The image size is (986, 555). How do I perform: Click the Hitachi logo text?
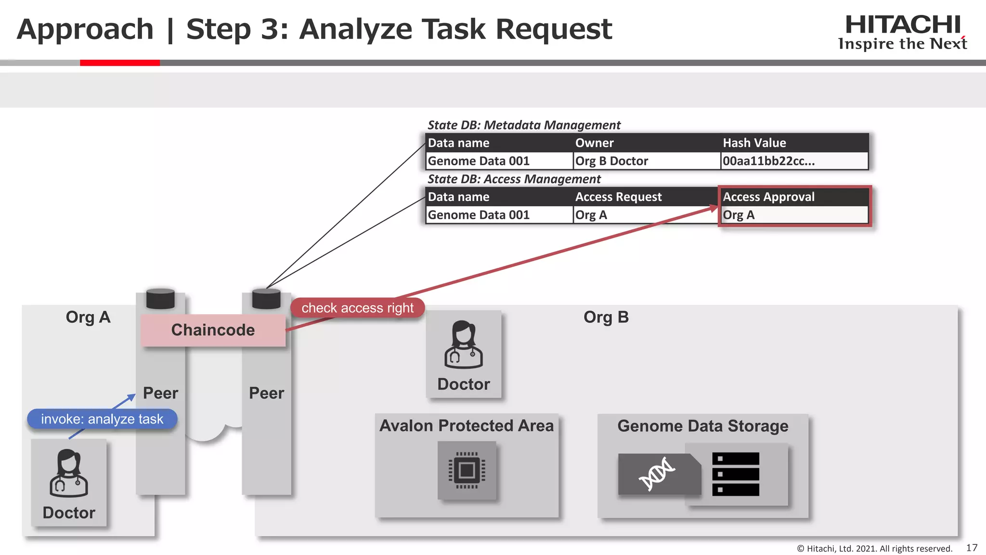coord(903,25)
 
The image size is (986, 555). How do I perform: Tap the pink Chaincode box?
coord(213,330)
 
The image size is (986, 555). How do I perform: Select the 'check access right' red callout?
coord(357,308)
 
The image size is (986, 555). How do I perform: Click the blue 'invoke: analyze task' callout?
coord(102,419)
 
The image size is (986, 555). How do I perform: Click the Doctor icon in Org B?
coord(463,345)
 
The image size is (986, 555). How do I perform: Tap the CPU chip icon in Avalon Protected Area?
coord(467,470)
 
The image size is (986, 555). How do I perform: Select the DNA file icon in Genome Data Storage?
coord(658,474)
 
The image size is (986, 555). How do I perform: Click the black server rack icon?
coord(736,474)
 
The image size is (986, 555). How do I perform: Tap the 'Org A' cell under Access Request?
coord(646,215)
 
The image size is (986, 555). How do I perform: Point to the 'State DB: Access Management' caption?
coord(514,179)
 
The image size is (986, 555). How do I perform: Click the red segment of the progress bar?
coord(119,63)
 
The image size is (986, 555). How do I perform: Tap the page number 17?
coord(972,548)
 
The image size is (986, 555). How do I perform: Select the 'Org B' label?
coord(606,317)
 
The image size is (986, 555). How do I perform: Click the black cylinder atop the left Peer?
coord(160,299)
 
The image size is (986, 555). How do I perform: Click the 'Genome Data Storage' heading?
coord(702,426)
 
